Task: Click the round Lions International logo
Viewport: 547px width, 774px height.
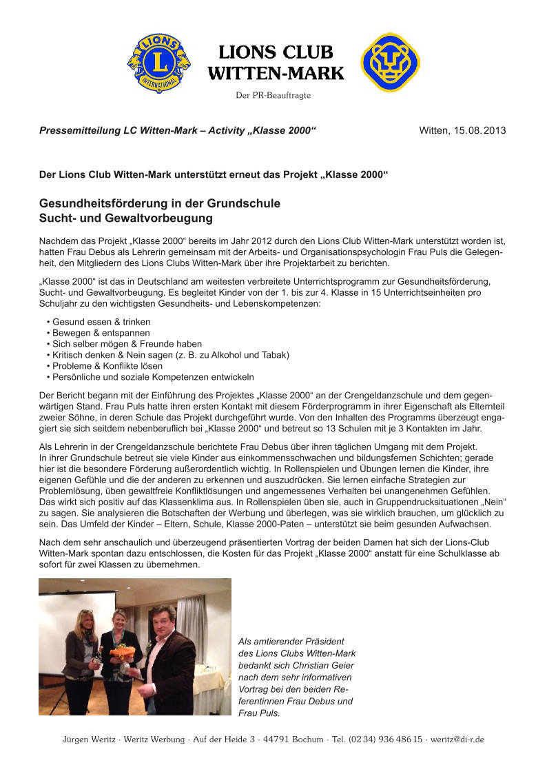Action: pyautogui.click(x=159, y=63)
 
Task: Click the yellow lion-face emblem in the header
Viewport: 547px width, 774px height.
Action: pyautogui.click(x=391, y=62)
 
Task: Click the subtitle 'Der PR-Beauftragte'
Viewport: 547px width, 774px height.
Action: pyautogui.click(x=273, y=95)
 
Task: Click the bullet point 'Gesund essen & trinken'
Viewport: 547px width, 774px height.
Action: pyautogui.click(x=101, y=322)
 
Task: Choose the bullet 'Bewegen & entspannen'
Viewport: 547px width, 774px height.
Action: pyautogui.click(x=101, y=333)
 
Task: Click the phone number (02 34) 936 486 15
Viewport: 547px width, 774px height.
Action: pyautogui.click(x=387, y=740)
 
